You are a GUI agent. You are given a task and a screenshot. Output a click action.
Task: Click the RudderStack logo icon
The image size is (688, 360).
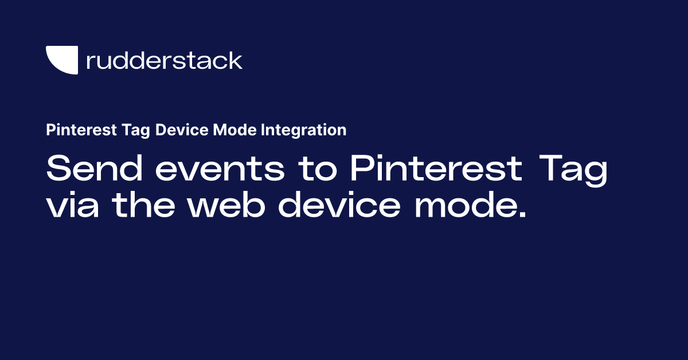(x=61, y=60)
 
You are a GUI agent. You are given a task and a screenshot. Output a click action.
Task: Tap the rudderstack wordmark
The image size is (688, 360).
(x=164, y=60)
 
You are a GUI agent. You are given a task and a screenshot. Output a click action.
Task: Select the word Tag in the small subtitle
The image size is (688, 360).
(x=119, y=130)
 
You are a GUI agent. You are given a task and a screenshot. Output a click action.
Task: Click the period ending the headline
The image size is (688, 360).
(x=521, y=216)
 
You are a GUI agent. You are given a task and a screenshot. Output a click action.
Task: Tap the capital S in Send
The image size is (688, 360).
(x=58, y=170)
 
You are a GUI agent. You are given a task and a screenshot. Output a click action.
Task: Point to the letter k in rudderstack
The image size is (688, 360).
(x=234, y=60)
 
